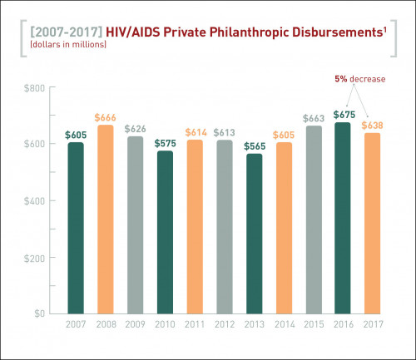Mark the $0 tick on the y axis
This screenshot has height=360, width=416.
point(38,313)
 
